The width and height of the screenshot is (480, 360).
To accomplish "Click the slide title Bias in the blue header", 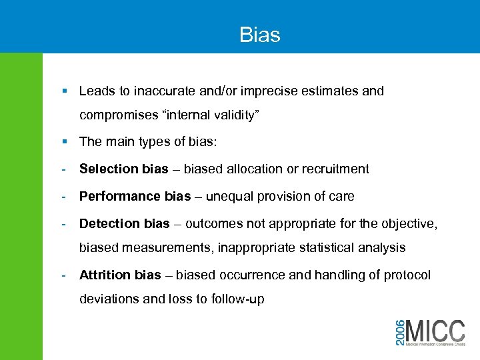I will coord(260,35).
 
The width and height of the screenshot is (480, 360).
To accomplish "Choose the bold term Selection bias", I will coord(123,169).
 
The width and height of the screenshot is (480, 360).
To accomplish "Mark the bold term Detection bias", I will coord(123,223).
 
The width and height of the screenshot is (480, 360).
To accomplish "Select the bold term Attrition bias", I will coord(120,275).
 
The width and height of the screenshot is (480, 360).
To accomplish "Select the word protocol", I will coord(407,275).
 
